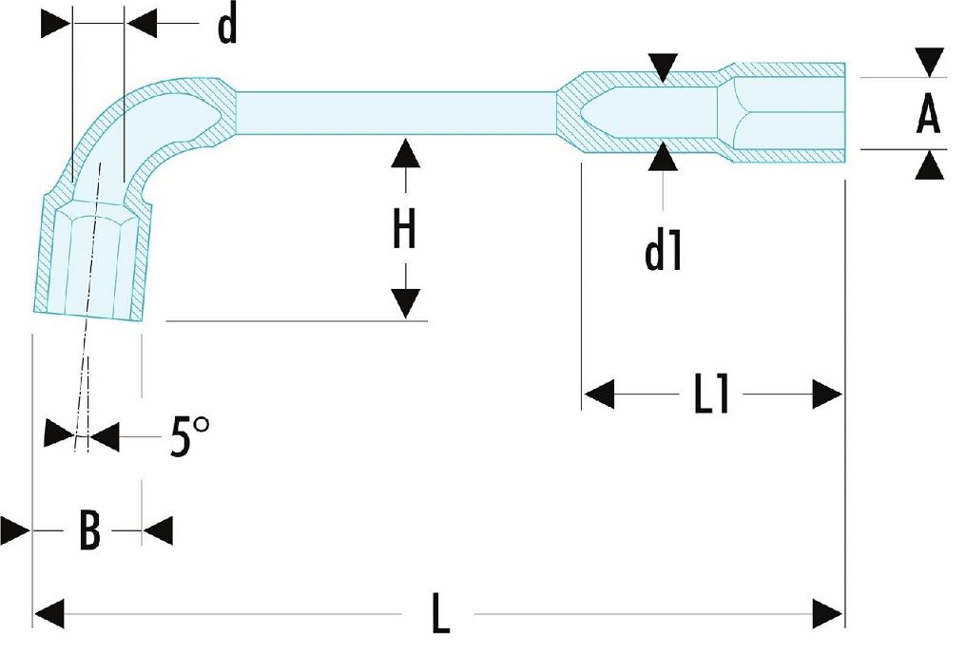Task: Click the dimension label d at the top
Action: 226,28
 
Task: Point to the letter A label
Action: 927,115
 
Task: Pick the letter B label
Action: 88,530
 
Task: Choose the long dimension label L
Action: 439,614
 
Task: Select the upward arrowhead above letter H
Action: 405,152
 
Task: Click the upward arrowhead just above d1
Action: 663,158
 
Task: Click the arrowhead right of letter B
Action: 158,530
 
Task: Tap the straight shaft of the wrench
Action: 395,115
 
